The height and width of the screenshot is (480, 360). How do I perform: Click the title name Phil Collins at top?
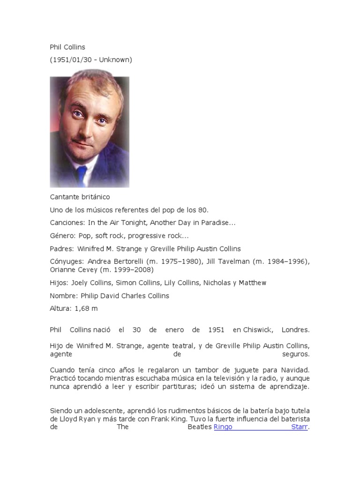click(67, 47)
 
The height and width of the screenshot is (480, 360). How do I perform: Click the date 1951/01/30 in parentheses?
click(71, 60)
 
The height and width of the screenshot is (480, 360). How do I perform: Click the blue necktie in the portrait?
click(82, 174)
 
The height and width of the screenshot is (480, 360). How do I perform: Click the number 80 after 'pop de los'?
click(203, 210)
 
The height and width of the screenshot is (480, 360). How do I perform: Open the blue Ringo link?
click(223, 427)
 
